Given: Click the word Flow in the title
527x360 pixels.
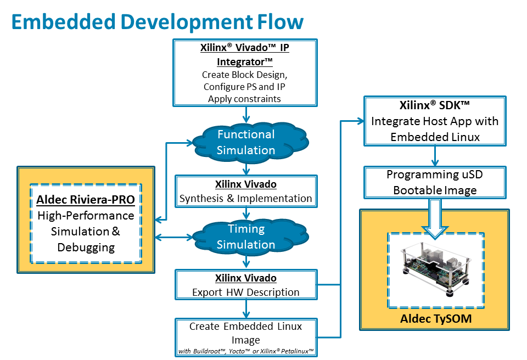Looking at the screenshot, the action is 281,22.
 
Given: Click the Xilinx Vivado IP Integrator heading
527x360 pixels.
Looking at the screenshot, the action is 245,54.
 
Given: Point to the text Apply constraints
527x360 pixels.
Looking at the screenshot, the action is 244,99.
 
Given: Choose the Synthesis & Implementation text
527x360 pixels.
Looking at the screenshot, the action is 246,198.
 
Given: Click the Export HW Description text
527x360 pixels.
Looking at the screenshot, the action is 246,292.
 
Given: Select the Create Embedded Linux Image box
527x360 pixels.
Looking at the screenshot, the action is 246,337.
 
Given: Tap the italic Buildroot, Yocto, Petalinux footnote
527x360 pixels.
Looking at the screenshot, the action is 246,351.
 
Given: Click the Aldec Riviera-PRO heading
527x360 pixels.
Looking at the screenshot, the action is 86,200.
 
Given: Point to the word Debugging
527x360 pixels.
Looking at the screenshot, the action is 86,248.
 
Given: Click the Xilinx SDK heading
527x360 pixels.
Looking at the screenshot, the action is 435,105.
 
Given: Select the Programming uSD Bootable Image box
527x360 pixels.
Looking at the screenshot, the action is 435,182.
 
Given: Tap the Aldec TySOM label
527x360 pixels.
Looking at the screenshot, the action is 436,319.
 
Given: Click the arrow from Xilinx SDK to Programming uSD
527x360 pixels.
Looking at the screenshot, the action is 435,156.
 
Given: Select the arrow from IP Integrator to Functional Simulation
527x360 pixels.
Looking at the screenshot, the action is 246,115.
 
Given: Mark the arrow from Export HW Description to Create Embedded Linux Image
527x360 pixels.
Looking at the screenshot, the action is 246,309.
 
